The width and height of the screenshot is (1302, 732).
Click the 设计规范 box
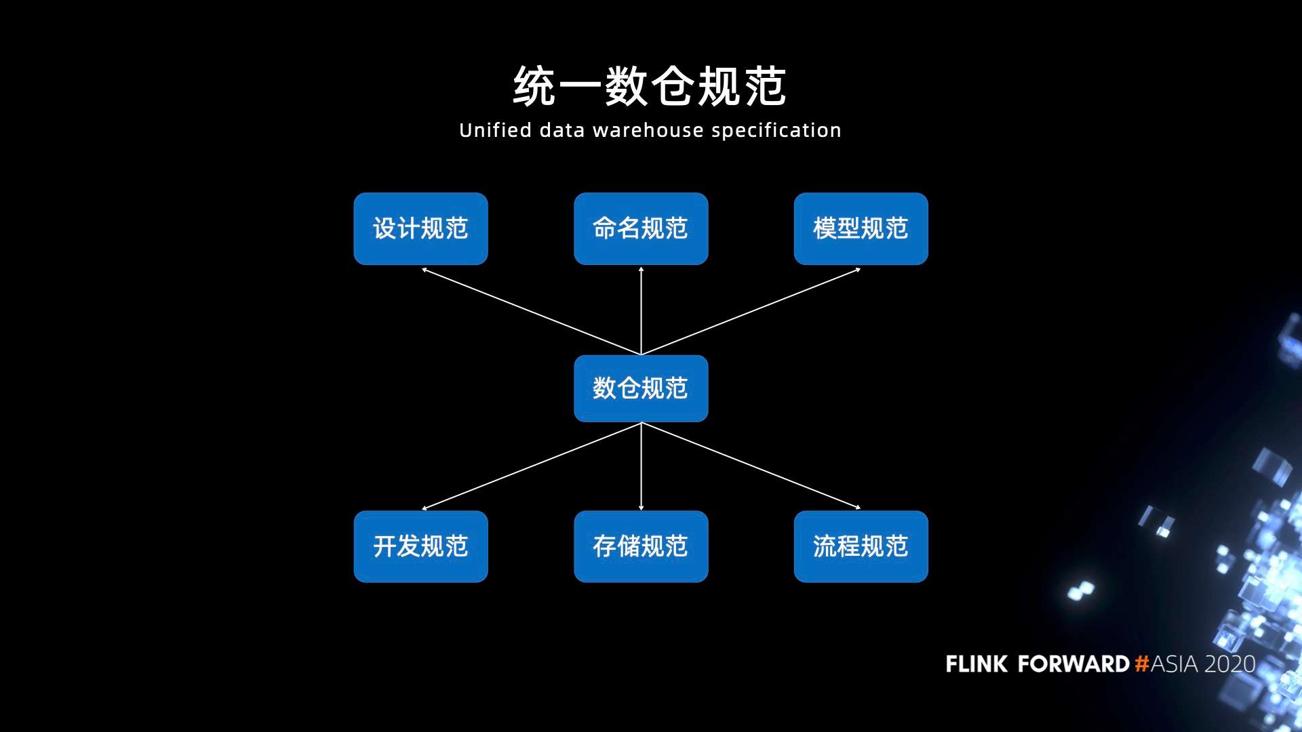[420, 228]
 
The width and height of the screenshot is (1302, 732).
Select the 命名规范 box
[641, 228]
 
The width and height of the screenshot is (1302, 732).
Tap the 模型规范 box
[861, 228]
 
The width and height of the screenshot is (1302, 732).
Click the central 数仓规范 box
[641, 388]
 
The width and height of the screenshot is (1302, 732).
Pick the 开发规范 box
[420, 546]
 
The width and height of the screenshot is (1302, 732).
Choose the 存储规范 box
[641, 546]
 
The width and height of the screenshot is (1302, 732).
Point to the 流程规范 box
[861, 546]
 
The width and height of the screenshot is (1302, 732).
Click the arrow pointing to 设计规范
[531, 311]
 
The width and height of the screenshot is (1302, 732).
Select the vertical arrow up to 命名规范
[641, 310]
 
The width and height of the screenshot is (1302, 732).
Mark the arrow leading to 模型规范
[751, 311]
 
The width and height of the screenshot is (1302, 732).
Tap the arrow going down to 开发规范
[531, 466]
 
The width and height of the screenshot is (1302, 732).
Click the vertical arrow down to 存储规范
[641, 466]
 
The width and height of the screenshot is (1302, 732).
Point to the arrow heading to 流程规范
[751, 466]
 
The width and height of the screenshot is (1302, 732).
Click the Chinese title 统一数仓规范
[650, 86]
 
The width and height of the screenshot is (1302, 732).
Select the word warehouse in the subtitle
[648, 130]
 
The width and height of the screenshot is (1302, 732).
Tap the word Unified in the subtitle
[495, 129]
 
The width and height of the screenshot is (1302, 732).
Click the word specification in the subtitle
[776, 130]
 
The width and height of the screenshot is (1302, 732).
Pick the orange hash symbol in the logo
[1142, 664]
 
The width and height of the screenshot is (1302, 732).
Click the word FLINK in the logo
[976, 664]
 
